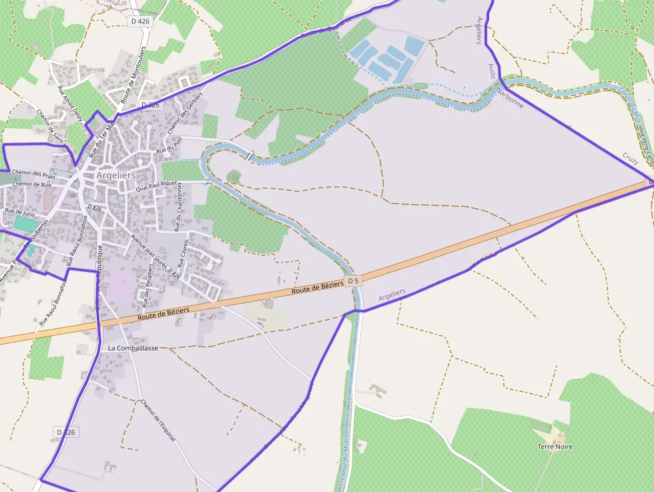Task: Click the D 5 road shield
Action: click(353, 281)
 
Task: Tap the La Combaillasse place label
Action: click(133, 348)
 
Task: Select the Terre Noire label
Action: click(555, 447)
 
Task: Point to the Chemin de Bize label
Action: click(32, 184)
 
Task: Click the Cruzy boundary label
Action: click(630, 158)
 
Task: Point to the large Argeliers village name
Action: click(116, 175)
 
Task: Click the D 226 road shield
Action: click(151, 105)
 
